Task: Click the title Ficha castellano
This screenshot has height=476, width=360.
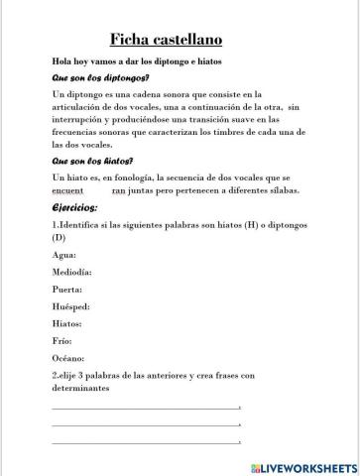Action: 179,40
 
